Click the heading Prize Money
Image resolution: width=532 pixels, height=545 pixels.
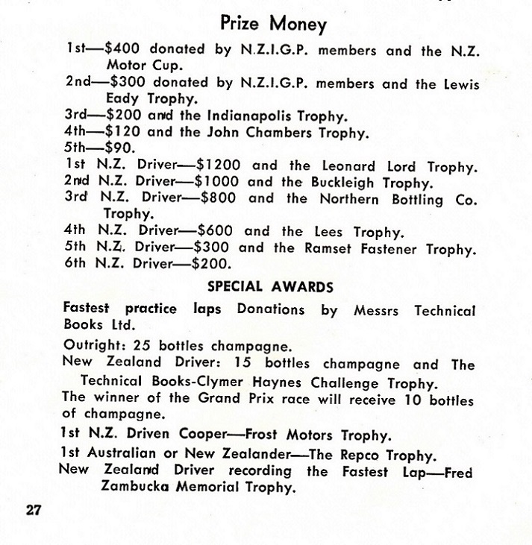click(x=274, y=24)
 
